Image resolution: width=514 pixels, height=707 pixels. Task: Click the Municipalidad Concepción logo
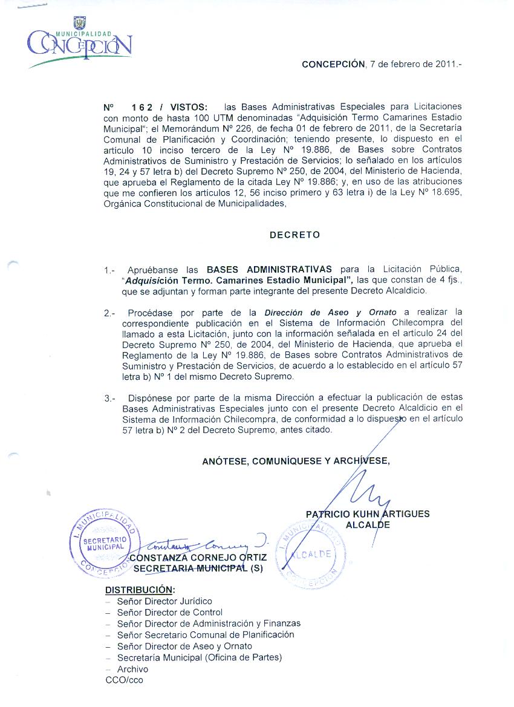[x=79, y=42]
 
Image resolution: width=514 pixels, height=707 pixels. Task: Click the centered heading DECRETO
[x=294, y=235]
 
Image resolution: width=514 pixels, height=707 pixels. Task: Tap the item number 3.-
[x=109, y=399]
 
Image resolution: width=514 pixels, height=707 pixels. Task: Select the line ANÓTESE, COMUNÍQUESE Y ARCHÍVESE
[x=296, y=461]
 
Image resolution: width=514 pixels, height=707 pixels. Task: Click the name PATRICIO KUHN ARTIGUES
[x=368, y=514]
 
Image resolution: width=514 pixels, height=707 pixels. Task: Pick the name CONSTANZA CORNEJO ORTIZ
[x=198, y=557]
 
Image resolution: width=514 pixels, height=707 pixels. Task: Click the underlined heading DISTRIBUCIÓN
[x=140, y=590]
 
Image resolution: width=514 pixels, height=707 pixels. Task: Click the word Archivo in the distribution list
[x=132, y=669]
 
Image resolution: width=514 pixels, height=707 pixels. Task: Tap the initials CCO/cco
[x=125, y=680]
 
